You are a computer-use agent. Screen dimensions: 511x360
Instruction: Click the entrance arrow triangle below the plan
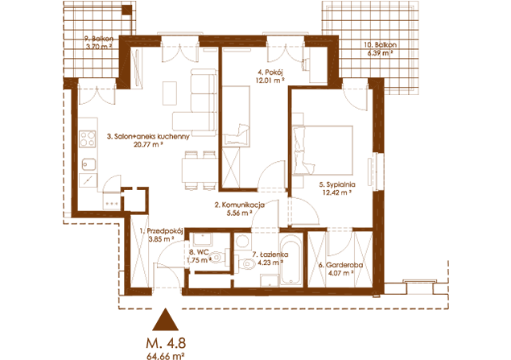tap(166, 321)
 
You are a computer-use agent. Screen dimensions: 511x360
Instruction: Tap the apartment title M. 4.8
tap(166, 343)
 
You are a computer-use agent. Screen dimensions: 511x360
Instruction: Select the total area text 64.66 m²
tap(166, 356)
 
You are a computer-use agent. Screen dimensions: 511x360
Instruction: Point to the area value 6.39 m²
tap(380, 52)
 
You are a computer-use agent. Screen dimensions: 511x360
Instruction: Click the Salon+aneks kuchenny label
tap(148, 136)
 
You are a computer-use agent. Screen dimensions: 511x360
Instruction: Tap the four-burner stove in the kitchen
tap(88, 139)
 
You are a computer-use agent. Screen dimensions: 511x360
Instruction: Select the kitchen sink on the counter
tap(89, 164)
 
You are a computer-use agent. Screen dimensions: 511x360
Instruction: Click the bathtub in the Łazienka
tap(291, 260)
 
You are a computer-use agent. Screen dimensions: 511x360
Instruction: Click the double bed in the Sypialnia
tap(323, 151)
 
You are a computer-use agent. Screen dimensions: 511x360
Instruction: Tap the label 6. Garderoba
tap(340, 265)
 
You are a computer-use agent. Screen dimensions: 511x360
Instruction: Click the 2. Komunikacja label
tap(240, 205)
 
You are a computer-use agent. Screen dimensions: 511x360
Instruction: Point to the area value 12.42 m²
tap(337, 192)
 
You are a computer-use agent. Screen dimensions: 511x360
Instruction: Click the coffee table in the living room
tap(170, 93)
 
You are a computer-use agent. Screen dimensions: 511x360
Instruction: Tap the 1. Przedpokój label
tap(161, 231)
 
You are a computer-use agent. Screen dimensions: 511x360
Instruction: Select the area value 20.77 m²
tap(148, 144)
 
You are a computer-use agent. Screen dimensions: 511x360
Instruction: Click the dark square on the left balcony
tap(126, 10)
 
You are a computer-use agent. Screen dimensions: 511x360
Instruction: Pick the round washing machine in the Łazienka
tap(242, 242)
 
